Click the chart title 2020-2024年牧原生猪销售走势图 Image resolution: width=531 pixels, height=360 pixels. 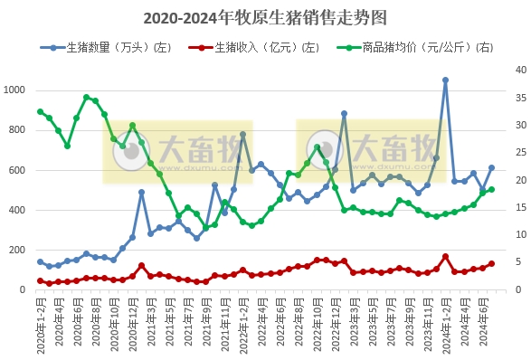pos(265,17)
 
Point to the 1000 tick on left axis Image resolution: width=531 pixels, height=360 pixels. pos(15,90)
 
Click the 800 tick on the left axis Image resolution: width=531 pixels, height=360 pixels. pos(18,130)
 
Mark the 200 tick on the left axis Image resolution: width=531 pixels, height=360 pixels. pos(18,250)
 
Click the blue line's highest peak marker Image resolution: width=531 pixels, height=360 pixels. pos(445,81)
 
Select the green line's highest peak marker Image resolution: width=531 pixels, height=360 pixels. pos(86,98)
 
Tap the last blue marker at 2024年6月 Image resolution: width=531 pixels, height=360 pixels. pos(491,167)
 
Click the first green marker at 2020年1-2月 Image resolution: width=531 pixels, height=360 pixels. pos(40,112)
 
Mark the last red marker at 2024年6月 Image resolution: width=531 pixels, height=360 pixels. pos(491,264)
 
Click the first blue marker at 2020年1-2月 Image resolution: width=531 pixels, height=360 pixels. pos(40,261)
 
